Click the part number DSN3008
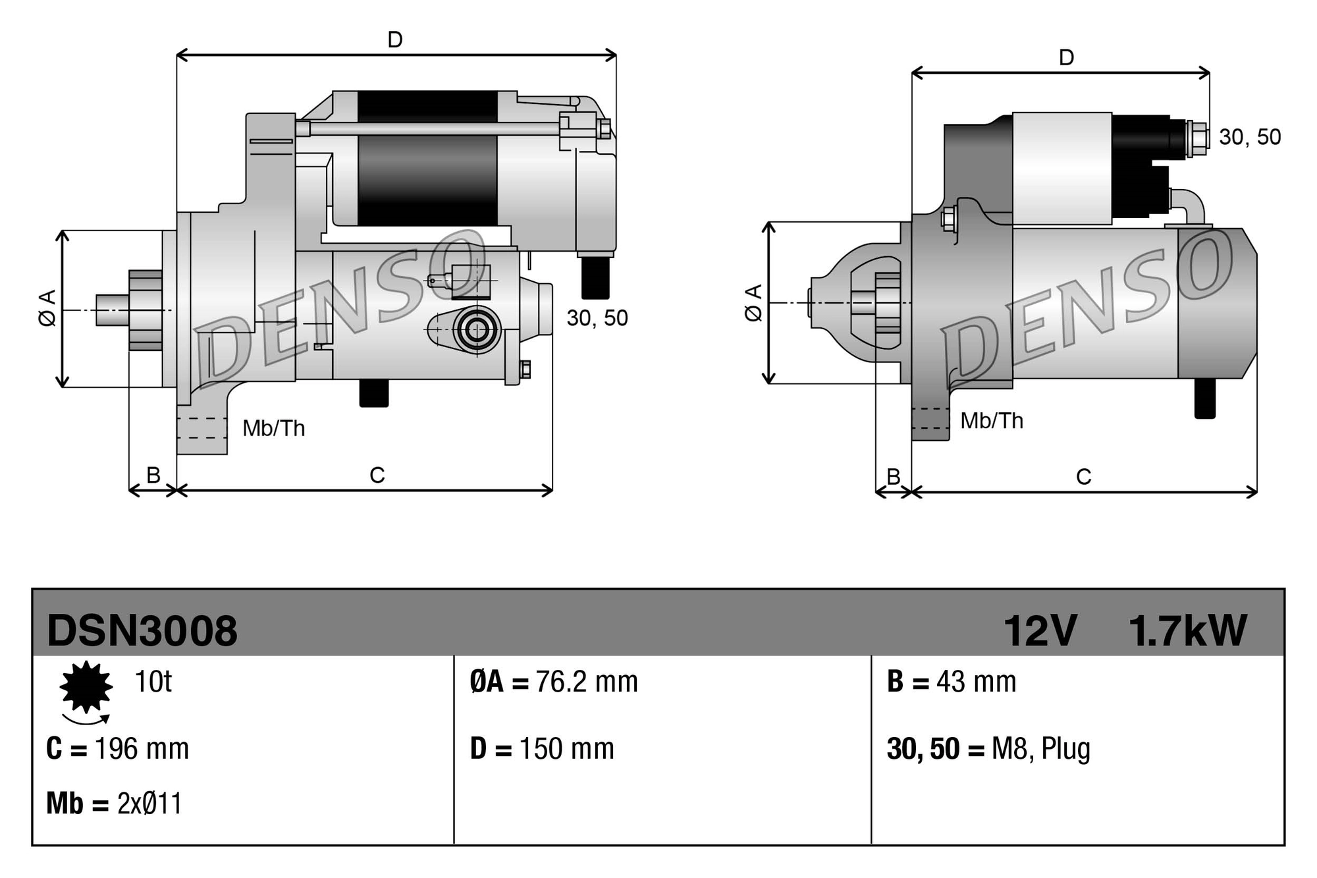[x=142, y=630]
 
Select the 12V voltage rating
[x=1039, y=630]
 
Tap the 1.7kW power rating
[x=1187, y=630]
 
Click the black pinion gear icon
[x=86, y=687]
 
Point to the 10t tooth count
[x=153, y=682]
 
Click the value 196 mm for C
[x=142, y=749]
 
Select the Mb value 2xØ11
[x=149, y=804]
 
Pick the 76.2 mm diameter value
[x=586, y=682]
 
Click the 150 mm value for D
[x=566, y=749]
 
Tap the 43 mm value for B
[x=976, y=682]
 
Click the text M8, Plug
[x=1040, y=749]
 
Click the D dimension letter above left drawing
[x=395, y=40]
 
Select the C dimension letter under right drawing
[x=1083, y=476]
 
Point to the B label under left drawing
[x=153, y=475]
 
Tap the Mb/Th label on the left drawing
[x=273, y=429]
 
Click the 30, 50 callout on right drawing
[x=1249, y=137]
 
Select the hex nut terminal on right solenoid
[x=1198, y=139]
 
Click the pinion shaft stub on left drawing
[x=112, y=310]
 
